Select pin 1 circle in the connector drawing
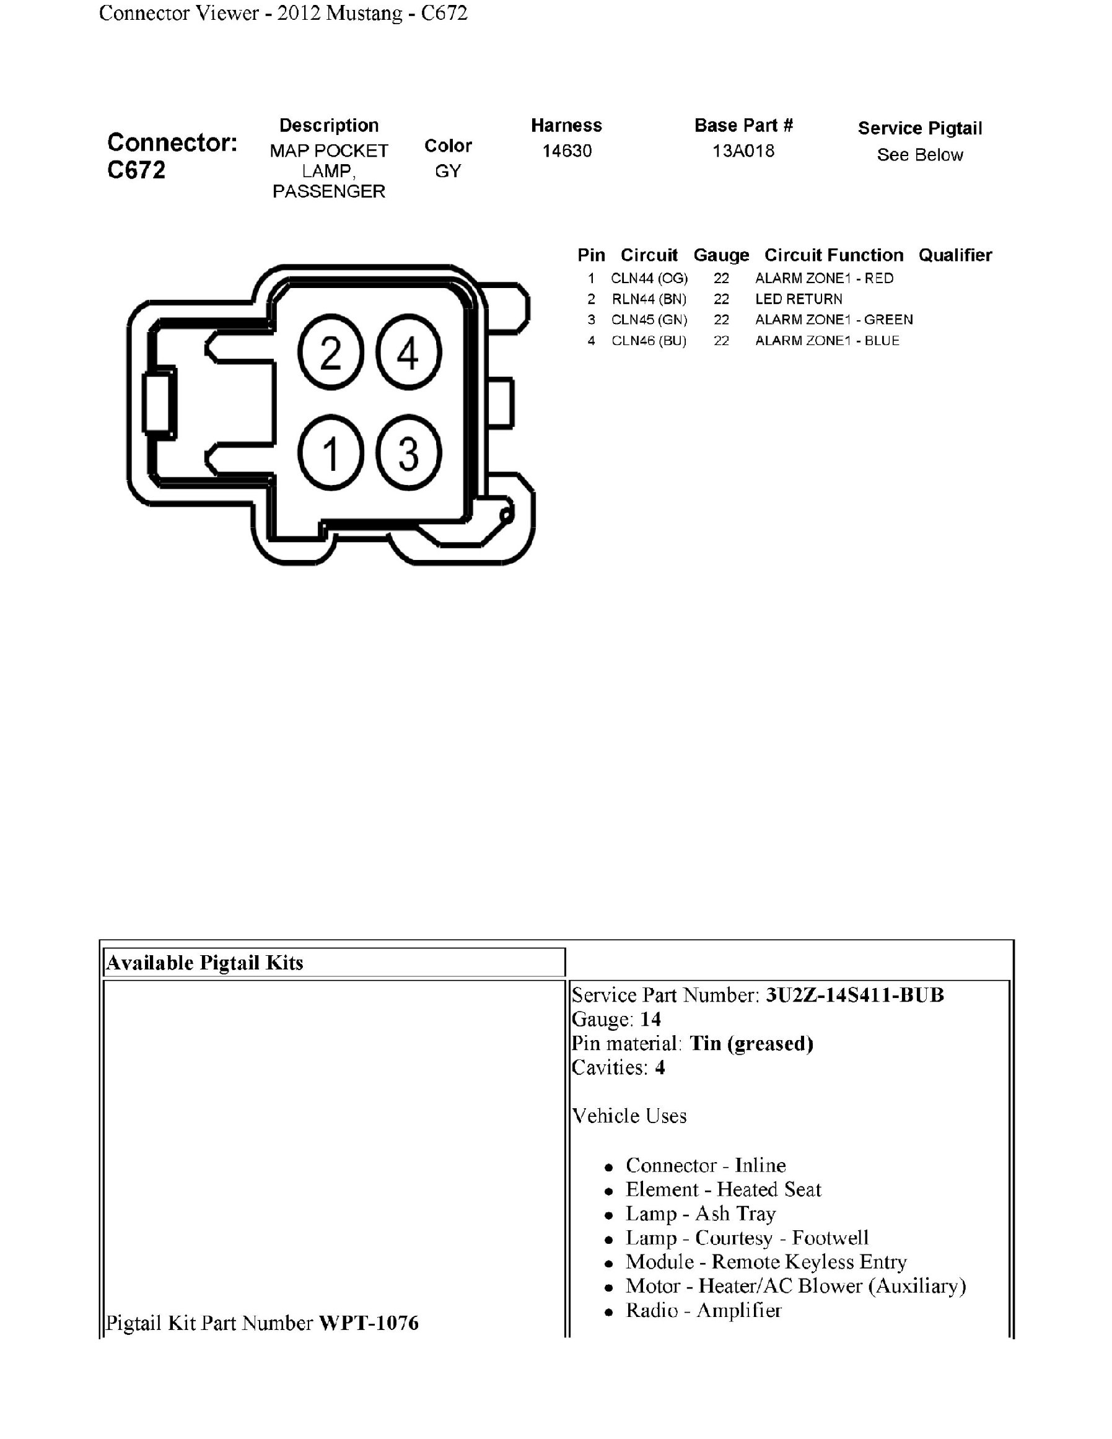331,453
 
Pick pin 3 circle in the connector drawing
408,453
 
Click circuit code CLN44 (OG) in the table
649,278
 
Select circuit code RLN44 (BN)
649,299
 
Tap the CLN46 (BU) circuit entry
649,341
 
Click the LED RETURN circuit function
799,299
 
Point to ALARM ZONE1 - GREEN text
834,320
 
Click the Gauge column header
721,255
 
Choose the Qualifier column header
955,255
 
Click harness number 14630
567,151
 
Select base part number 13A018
743,151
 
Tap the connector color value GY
448,172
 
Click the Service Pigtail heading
919,128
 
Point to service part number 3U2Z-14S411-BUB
854,995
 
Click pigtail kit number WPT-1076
369,1323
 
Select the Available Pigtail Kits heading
205,963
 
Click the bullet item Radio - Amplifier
703,1311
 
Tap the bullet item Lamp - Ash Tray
700,1214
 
